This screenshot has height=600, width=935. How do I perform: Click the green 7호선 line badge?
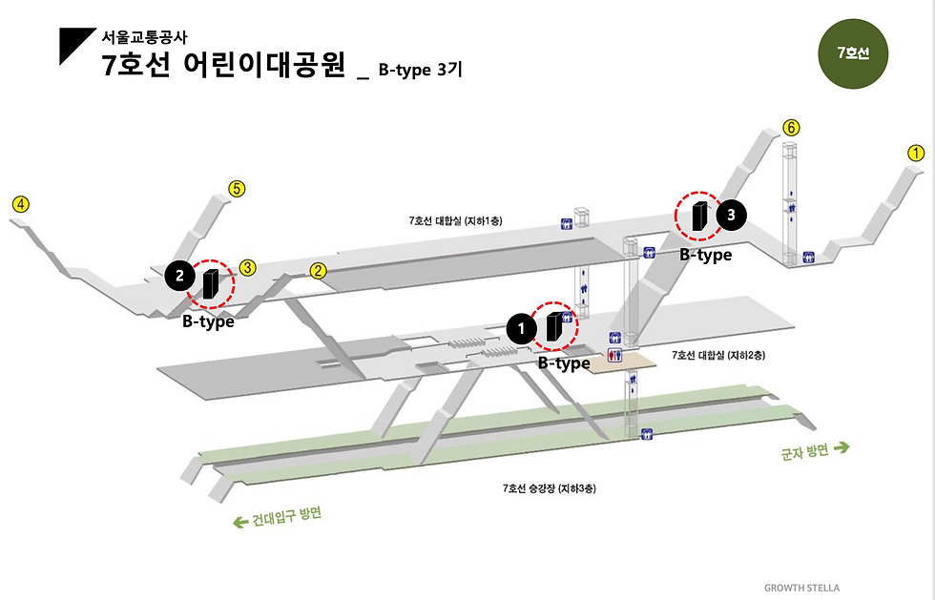click(x=853, y=53)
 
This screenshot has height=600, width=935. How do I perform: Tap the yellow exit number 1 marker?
click(x=915, y=153)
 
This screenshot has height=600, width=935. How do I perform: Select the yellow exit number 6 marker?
click(x=790, y=128)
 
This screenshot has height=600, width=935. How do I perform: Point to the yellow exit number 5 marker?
click(x=238, y=189)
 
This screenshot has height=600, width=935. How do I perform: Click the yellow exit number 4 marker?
click(x=20, y=203)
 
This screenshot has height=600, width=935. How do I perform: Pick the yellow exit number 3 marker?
click(x=246, y=268)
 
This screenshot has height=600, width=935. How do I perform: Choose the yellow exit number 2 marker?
click(x=320, y=271)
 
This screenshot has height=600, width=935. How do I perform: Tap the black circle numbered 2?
click(x=178, y=276)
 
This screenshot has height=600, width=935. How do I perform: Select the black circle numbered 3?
click(x=731, y=216)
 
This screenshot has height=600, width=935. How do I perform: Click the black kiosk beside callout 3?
click(x=699, y=217)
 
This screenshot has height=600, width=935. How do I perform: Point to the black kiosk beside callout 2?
click(x=211, y=284)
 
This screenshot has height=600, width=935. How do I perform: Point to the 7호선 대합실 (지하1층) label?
click(x=455, y=220)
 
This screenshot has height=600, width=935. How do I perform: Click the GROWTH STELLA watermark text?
click(x=801, y=588)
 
